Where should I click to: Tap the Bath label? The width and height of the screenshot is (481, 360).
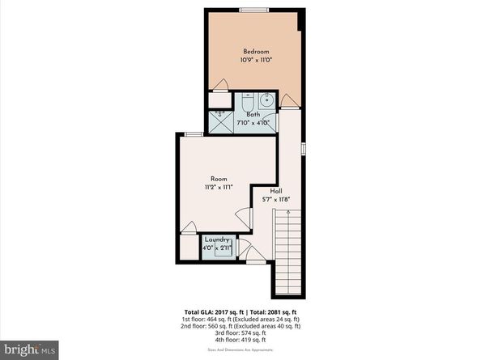click(x=253, y=115)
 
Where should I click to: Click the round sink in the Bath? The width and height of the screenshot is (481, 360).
click(x=266, y=102)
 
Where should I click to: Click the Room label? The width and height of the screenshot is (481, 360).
click(x=219, y=179)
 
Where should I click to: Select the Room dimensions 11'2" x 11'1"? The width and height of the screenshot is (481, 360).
click(x=219, y=187)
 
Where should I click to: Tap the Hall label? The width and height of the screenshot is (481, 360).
click(x=276, y=191)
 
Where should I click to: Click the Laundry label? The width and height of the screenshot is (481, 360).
click(x=216, y=239)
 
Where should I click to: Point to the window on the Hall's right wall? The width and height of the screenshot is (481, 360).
click(x=303, y=149)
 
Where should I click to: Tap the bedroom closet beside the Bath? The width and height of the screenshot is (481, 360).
click(x=219, y=101)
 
